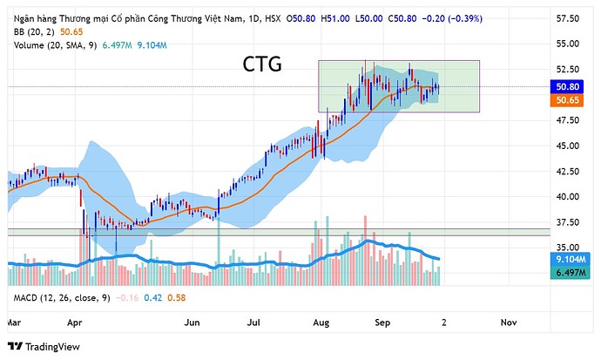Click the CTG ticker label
pyautogui.click(x=261, y=65)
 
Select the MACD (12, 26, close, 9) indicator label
pyautogui.click(x=61, y=299)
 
